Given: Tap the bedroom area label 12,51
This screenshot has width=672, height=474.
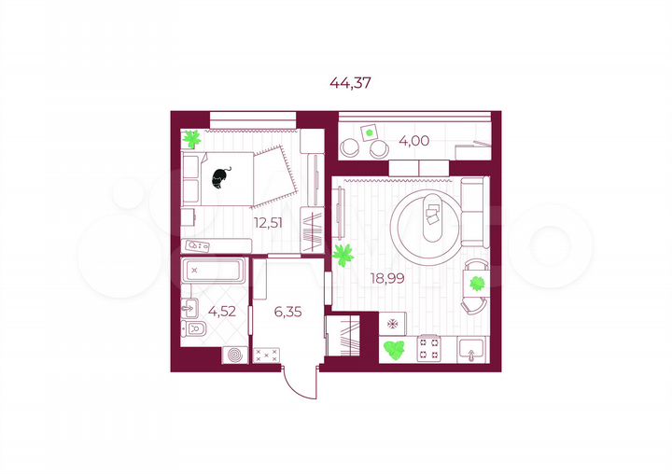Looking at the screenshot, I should click(x=268, y=222).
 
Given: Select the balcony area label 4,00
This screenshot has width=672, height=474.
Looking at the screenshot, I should click(x=413, y=141).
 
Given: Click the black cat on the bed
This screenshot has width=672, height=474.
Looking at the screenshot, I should click(x=222, y=176).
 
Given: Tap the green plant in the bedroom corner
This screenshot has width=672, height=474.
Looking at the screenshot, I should click(x=192, y=139).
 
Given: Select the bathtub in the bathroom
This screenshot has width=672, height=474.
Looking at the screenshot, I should click(x=214, y=273).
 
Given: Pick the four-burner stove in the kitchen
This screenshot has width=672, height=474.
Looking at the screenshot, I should click(x=429, y=349).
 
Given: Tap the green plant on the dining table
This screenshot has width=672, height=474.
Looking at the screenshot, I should click(x=478, y=283).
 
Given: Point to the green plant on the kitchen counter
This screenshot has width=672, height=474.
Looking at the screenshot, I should click(x=395, y=351).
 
